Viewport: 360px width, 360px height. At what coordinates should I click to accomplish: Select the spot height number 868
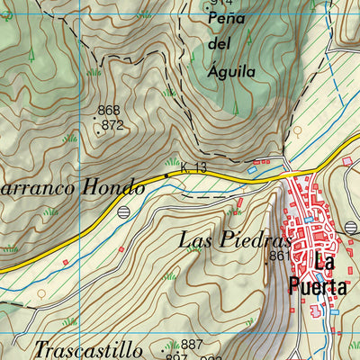coord(109,111)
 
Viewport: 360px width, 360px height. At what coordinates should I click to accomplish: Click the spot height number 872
coord(112,125)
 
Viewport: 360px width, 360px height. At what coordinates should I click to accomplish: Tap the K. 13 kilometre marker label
coord(193,167)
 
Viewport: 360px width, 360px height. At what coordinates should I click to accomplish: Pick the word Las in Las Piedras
coord(195,240)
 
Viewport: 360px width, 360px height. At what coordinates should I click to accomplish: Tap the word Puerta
coord(318,286)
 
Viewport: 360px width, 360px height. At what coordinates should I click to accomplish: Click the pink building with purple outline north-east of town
coord(347,160)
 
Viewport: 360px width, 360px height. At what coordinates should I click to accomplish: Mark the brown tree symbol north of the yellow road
coord(297,130)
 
